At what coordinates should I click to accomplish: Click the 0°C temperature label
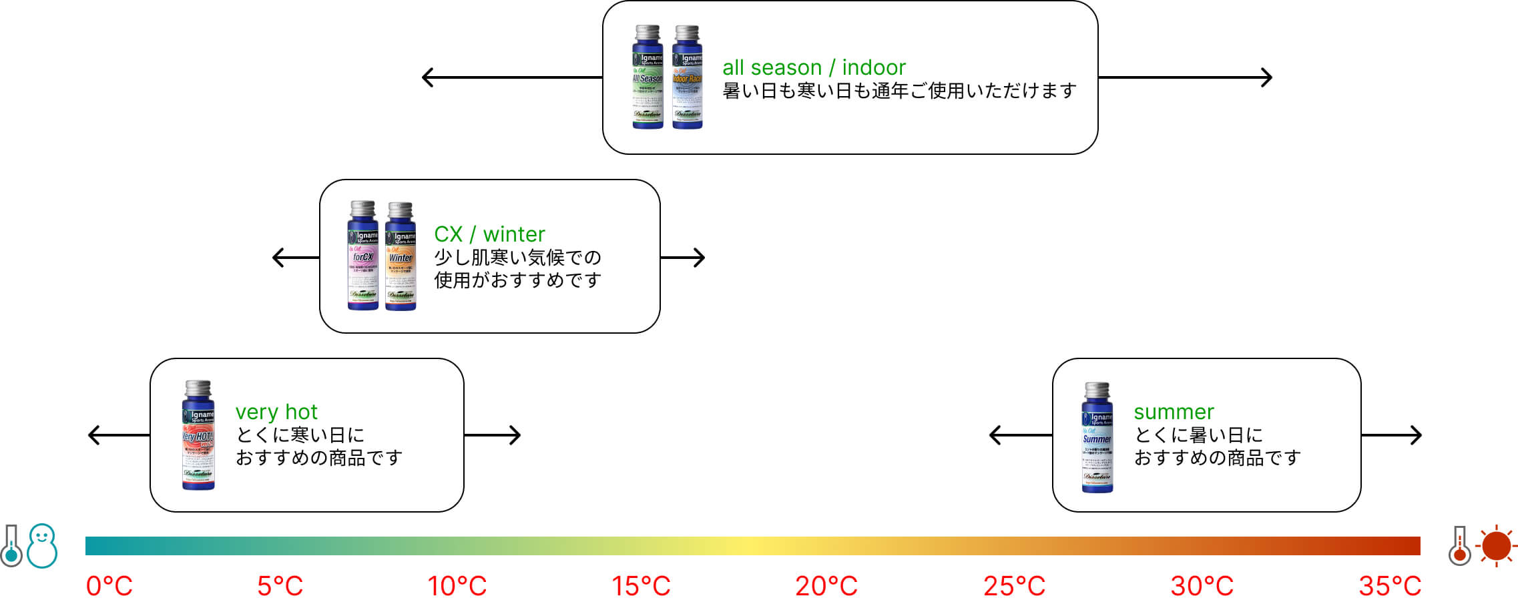[x=109, y=586]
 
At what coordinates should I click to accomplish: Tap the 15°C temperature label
[x=641, y=586]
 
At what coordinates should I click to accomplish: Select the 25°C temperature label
[x=1014, y=586]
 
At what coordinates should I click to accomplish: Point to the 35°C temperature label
[x=1390, y=586]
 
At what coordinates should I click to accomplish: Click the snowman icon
[x=42, y=546]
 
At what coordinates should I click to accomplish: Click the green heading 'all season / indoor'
[x=814, y=67]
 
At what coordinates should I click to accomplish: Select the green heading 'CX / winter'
[x=489, y=234]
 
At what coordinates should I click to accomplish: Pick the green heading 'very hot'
[x=276, y=412]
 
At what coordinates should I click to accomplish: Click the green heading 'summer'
[x=1174, y=412]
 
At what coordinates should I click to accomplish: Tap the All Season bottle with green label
[x=648, y=77]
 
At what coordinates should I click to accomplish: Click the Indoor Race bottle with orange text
[x=687, y=77]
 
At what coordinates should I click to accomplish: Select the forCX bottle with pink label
[x=362, y=256]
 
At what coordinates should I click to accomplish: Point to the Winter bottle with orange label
[x=401, y=256]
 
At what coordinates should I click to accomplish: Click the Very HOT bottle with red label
[x=198, y=435]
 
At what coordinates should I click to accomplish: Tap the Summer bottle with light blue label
[x=1097, y=437]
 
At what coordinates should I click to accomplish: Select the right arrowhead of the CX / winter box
[x=700, y=258]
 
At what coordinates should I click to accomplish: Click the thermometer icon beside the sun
[x=1460, y=546]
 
